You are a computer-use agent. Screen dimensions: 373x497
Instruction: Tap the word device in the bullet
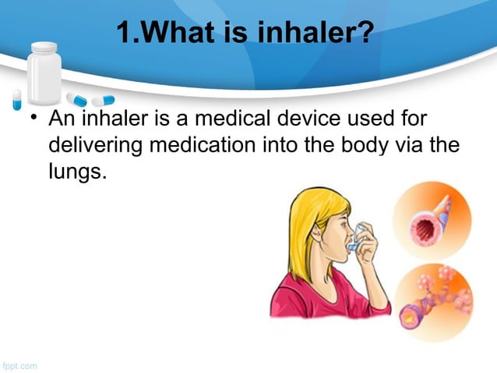click(x=324, y=121)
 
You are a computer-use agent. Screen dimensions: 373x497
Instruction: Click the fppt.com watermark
click(x=19, y=364)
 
